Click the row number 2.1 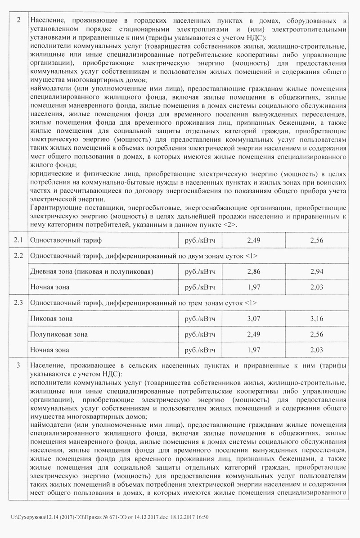click(18, 241)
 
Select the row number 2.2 click(18, 256)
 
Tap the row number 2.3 click(18, 303)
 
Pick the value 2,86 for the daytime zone click(255, 271)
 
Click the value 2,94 click(318, 271)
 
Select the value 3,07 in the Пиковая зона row click(255, 319)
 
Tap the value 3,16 click(318, 319)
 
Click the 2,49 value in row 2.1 click(255, 241)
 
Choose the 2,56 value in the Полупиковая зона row click(318, 335)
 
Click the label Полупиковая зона click(58, 335)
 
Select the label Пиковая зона click(51, 319)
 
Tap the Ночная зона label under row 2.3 click(49, 350)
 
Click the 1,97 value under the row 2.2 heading click(255, 287)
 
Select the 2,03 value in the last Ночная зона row click(318, 350)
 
